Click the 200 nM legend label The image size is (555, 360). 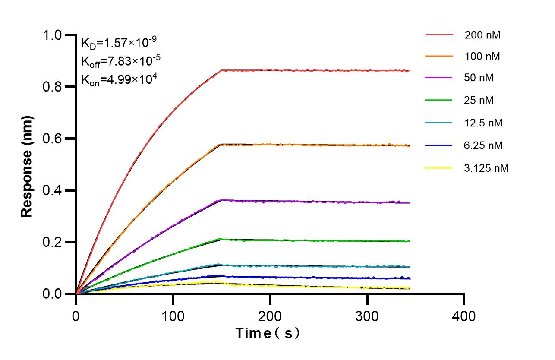click(x=482, y=35)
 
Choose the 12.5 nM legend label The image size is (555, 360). click(x=483, y=123)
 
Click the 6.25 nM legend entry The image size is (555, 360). click(x=483, y=145)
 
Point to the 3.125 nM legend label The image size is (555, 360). click(x=486, y=168)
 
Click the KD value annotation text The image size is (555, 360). click(x=119, y=42)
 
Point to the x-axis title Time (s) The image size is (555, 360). click(x=267, y=333)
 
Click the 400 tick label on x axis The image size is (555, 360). click(x=464, y=316)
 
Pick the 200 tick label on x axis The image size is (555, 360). click(x=270, y=316)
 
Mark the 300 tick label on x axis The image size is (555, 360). click(x=367, y=316)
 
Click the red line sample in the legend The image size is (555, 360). click(x=439, y=35)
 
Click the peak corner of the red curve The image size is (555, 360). click(x=221, y=70)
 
